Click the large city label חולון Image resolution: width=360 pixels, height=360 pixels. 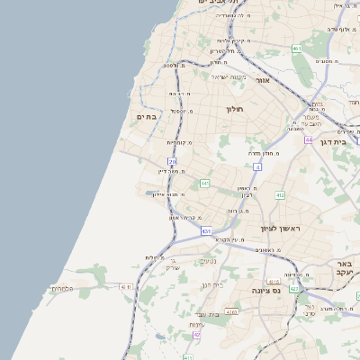(235, 109)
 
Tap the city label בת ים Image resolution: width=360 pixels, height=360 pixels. (147, 117)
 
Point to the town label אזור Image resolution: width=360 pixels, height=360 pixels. (263, 80)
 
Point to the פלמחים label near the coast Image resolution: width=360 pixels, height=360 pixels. (61, 288)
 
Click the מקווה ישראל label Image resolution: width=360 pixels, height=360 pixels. (229, 76)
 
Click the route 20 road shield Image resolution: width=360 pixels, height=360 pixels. (172, 162)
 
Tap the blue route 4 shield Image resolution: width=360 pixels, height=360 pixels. (257, 166)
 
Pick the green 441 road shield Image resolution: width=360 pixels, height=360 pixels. (205, 184)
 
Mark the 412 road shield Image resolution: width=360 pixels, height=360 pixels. (280, 194)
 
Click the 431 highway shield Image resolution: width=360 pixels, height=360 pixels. (206, 231)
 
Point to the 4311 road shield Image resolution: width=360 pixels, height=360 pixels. (125, 286)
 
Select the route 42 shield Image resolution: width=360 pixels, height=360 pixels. (196, 335)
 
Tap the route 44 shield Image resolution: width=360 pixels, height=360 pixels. (309, 140)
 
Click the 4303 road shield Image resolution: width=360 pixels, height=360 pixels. (231, 312)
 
